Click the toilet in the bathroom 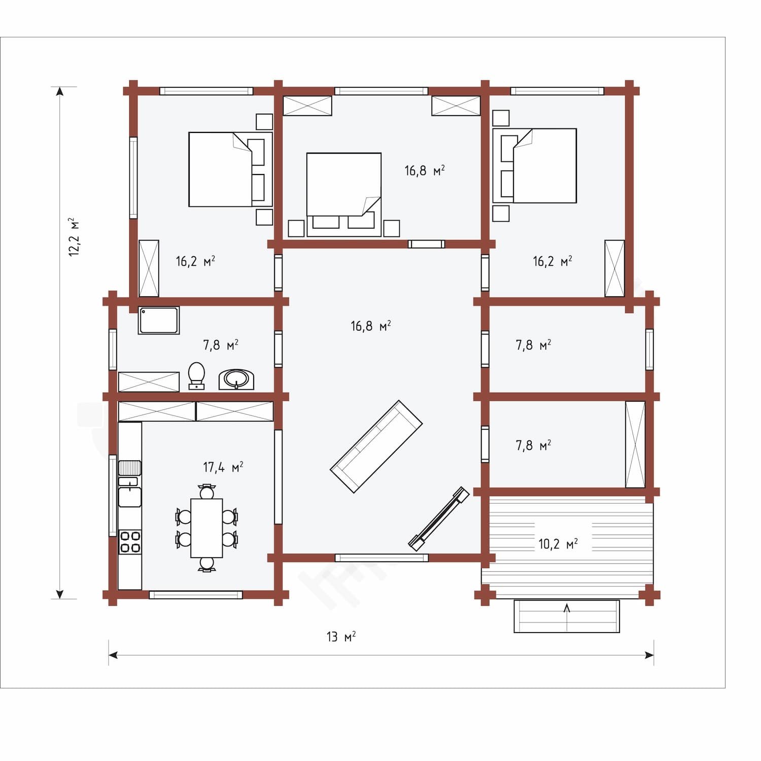pos(196,376)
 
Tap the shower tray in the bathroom pos(159,320)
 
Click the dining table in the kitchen pos(206,528)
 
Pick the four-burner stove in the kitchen pos(130,541)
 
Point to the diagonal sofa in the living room pos(376,446)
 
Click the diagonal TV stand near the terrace pos(438,518)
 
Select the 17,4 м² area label pos(223,467)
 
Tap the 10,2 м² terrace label pos(558,544)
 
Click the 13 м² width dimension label pos(341,636)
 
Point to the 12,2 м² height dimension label pos(74,237)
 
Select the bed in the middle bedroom pos(344,195)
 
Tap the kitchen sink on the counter pos(130,492)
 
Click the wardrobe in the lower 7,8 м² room pos(635,444)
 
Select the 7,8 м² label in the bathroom pos(221,345)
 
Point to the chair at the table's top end pos(207,491)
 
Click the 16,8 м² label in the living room pos(371,326)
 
